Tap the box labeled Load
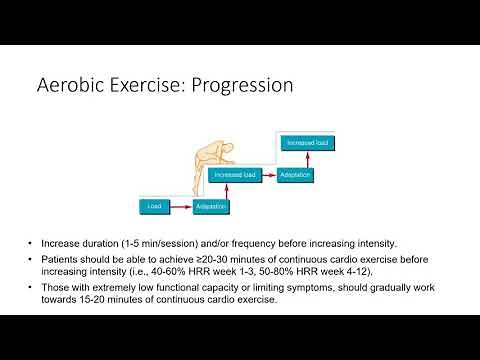154,207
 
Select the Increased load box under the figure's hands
236,175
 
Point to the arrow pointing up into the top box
300,159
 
